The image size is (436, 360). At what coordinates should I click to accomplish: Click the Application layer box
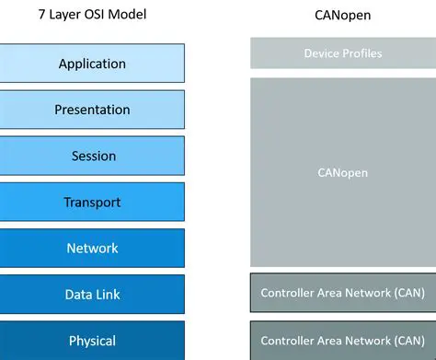92,64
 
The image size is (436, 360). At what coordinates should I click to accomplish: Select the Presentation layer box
92,110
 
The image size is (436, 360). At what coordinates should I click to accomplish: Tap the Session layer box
92,156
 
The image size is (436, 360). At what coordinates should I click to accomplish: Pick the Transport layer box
92,202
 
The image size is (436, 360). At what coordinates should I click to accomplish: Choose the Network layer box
92,248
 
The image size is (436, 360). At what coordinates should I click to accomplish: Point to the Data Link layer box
92,295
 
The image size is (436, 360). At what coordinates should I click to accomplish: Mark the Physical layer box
92,341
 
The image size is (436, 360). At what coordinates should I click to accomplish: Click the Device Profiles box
342,53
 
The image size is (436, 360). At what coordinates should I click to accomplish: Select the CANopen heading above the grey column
343,15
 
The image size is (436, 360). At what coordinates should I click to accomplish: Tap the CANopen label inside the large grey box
343,172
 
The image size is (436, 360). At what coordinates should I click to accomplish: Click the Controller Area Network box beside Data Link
342,294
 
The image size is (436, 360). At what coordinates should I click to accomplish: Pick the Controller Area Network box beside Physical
342,340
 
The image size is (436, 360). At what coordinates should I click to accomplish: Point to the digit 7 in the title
42,15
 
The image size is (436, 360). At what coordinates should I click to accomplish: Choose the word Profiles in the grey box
361,53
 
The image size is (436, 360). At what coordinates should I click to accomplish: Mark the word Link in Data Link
107,295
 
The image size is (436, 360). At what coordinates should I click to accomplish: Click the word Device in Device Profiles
322,53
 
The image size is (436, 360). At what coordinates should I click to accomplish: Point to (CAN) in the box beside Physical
406,340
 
